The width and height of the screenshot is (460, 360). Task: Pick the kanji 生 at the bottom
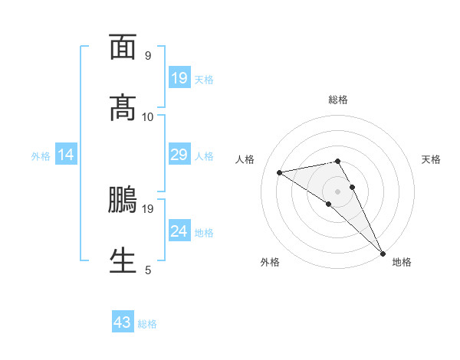click(123, 260)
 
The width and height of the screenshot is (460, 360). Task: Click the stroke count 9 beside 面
click(147, 56)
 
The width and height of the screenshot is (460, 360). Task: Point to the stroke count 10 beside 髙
click(148, 116)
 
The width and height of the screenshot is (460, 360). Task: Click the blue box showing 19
click(179, 78)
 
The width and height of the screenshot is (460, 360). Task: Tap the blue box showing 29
click(179, 155)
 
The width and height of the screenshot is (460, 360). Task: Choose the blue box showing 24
click(179, 231)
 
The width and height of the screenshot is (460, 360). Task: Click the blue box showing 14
click(66, 155)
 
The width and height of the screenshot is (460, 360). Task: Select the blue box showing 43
click(123, 322)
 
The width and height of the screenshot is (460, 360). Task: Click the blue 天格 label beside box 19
click(204, 79)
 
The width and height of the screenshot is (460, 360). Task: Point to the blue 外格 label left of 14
click(41, 156)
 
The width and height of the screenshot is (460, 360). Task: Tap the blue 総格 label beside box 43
click(147, 324)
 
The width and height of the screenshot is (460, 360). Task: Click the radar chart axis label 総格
click(338, 100)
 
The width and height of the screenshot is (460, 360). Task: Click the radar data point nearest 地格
click(383, 252)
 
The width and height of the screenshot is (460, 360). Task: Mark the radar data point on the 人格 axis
click(280, 172)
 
